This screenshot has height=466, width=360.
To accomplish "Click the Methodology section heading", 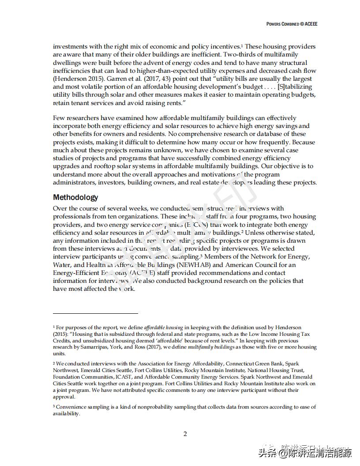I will pyautogui.click(x=75, y=197).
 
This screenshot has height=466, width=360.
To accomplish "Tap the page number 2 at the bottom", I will pyautogui.click(x=185, y=434).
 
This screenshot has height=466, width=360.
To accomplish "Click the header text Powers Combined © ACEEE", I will pyautogui.click(x=292, y=24).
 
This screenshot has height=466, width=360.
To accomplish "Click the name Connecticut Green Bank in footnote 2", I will pyautogui.click(x=245, y=364).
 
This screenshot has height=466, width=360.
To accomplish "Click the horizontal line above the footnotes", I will pyautogui.click(x=95, y=313).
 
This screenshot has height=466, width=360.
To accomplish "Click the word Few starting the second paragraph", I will pyautogui.click(x=59, y=118).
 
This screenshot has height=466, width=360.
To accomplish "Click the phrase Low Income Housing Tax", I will pyautogui.click(x=282, y=334).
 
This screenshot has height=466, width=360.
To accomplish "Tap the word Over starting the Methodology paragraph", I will pyautogui.click(x=60, y=208).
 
